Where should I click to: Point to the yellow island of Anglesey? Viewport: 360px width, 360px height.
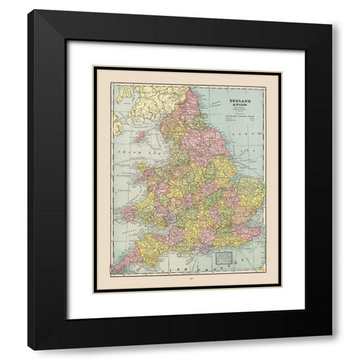[151, 174]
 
